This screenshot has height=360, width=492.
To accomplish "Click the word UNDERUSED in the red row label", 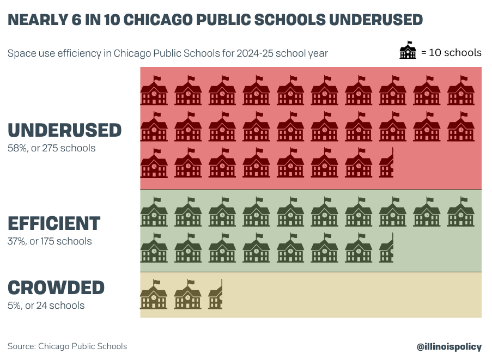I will (65, 130).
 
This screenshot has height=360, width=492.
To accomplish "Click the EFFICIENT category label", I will (54, 223).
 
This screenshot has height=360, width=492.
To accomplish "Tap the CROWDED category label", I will (56, 288).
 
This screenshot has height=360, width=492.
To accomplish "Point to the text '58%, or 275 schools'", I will (51, 148).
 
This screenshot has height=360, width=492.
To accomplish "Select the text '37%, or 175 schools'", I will (50, 241).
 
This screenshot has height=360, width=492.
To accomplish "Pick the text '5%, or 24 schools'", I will (46, 306).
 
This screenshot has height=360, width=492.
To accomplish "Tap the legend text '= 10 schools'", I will (451, 53).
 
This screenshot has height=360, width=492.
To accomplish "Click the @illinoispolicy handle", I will (449, 346).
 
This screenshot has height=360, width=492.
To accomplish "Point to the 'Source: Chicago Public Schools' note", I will (67, 346).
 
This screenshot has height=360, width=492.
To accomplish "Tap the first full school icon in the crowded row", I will (154, 295).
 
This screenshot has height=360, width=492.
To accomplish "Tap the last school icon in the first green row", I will (461, 212).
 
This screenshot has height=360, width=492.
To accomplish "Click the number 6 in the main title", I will (78, 20).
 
